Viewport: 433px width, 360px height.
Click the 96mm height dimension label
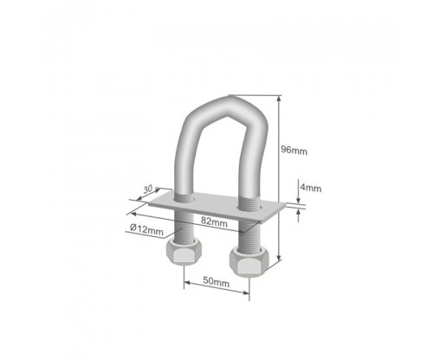pos(294,151)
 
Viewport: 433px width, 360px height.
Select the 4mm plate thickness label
pos(311,188)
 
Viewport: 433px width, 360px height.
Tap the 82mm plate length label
pos(214,222)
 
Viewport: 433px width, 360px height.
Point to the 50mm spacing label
pos(216,281)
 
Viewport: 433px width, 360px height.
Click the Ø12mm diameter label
pos(146,230)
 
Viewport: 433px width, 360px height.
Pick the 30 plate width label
pos(148,190)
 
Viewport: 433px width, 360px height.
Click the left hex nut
pos(184,250)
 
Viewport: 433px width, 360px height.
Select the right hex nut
pos(249,261)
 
